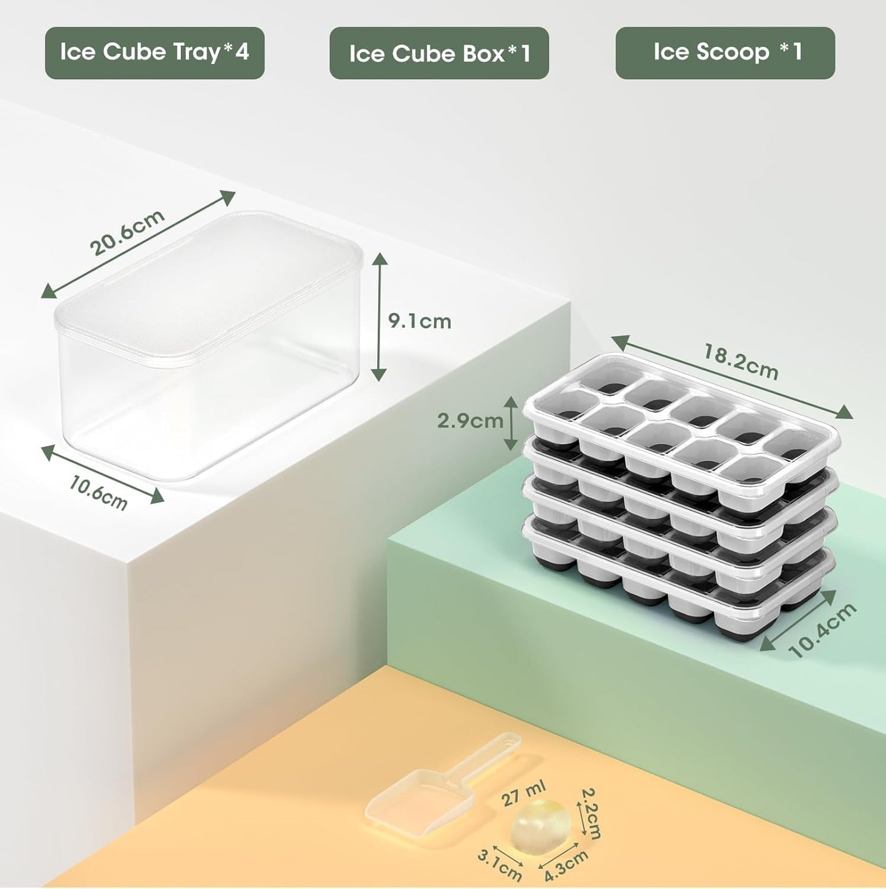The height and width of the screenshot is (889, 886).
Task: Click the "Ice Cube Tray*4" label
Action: click(155, 53)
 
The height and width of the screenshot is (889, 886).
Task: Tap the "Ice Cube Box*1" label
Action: click(439, 53)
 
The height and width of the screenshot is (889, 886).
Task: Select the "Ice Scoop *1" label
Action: click(725, 53)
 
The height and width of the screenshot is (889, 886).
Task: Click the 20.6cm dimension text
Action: click(128, 233)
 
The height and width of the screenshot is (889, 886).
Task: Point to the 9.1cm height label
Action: click(420, 321)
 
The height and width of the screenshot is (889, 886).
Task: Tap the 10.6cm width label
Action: click(98, 493)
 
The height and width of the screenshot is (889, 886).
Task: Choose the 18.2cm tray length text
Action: click(741, 362)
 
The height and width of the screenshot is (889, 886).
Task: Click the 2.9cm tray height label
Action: click(470, 421)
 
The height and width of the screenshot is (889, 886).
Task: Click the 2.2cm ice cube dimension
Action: click(589, 813)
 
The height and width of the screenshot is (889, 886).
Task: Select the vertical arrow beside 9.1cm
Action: click(380, 316)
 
